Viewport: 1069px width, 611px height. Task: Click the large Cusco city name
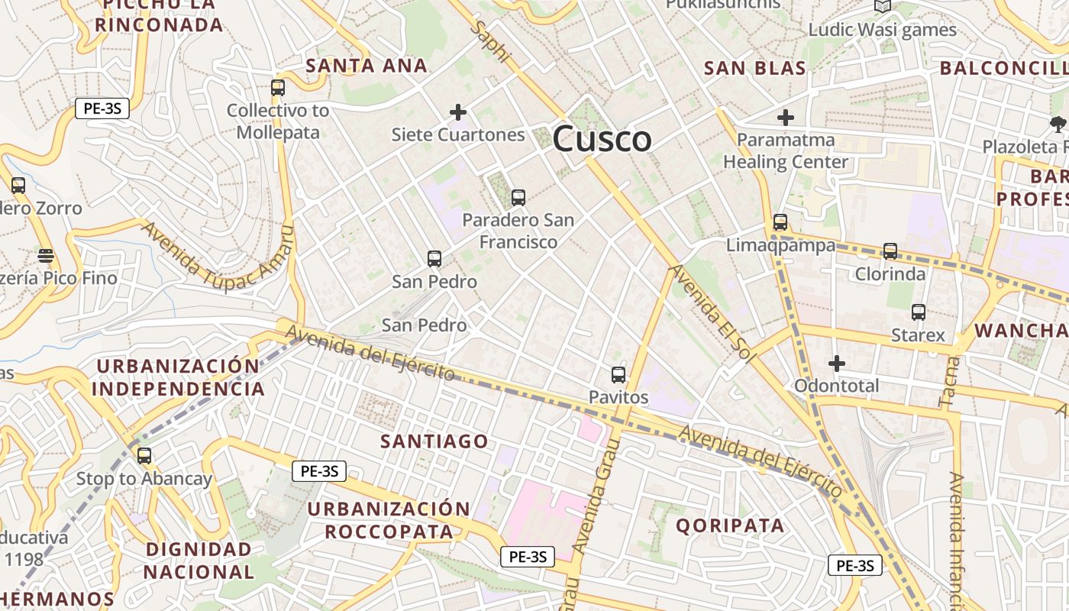pos(602,139)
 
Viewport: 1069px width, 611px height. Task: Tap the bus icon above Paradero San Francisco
pos(518,198)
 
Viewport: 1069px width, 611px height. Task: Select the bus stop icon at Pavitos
pos(618,375)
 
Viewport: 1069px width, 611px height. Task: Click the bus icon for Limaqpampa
pos(780,222)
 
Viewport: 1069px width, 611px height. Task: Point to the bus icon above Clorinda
pos(890,251)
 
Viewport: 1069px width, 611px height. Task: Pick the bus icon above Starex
pos(919,312)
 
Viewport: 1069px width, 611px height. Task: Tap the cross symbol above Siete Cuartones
pos(458,113)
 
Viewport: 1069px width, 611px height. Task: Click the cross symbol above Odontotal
pos(837,364)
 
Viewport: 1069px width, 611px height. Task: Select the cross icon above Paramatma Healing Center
pos(786,118)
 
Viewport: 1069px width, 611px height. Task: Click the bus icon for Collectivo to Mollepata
pos(278,88)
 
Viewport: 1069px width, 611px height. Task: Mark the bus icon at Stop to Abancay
pos(144,456)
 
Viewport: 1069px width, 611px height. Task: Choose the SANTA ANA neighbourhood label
pos(367,66)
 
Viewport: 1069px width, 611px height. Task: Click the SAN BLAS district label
pos(754,68)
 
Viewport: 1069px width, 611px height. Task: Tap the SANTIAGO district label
pos(434,441)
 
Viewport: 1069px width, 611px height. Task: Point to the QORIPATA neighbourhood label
pos(730,525)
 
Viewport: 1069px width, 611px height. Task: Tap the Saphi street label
pos(490,41)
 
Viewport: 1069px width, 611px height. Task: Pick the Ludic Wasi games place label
pos(882,30)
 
